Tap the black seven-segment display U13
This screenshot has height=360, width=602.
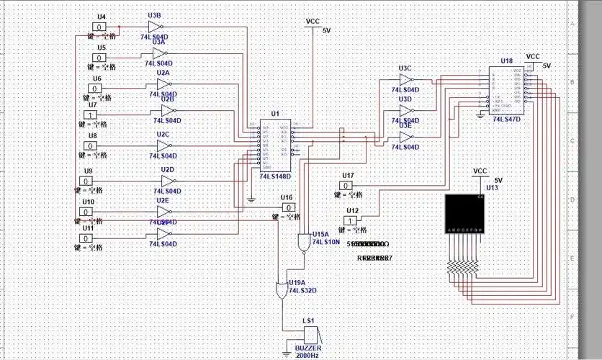coord(464,213)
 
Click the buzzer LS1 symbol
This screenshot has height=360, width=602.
coord(310,335)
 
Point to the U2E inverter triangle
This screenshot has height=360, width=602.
coord(164,212)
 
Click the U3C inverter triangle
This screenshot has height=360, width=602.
coord(406,81)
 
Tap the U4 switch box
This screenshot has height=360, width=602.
coord(102,27)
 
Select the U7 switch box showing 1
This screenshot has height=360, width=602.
coord(91,114)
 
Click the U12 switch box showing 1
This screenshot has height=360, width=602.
coord(350,220)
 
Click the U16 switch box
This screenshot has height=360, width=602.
coord(288,207)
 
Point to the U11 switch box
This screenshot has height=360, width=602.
coord(88,238)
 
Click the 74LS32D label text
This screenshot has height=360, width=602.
coord(302,290)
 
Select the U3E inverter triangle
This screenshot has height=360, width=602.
coord(406,136)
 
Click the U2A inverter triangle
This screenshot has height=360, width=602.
coord(164,83)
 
